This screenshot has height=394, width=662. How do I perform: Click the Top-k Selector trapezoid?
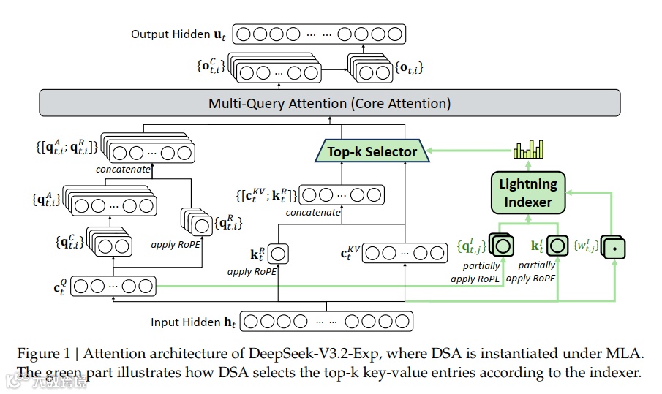point(372,152)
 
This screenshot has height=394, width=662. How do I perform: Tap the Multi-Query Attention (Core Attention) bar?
point(329,103)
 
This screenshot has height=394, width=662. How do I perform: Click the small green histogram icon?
point(530,149)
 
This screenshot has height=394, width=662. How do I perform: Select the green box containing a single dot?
point(612,247)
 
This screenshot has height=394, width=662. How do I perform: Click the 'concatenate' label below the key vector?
point(313,212)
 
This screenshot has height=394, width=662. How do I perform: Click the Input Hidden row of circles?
point(326,322)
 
